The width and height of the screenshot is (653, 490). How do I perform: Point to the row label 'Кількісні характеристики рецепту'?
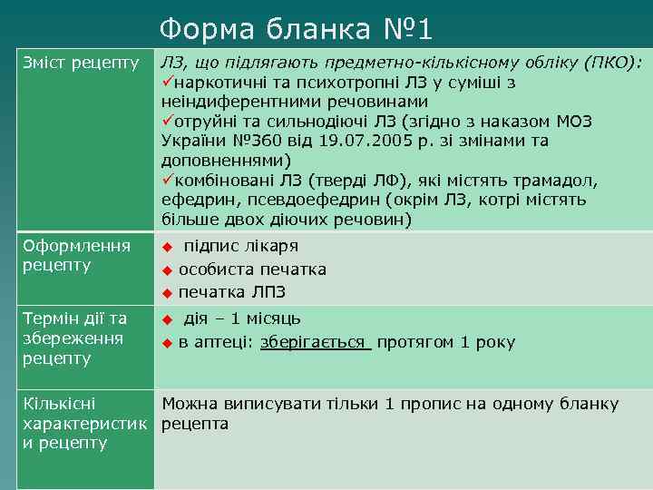point(75,423)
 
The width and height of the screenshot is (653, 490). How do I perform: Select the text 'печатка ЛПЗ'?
point(231,292)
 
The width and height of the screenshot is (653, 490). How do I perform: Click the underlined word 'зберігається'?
point(315,342)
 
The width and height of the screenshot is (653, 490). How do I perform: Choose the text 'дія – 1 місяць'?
point(242,318)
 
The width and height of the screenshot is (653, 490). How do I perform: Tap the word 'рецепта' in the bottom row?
point(195,424)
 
